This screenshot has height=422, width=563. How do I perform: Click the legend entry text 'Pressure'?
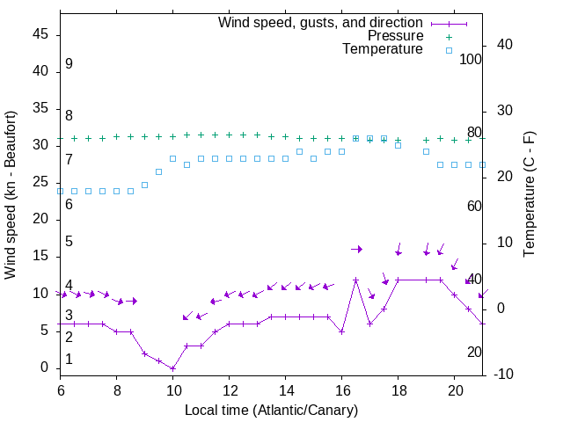[x=395, y=36]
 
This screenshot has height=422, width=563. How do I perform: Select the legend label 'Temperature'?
[x=383, y=49]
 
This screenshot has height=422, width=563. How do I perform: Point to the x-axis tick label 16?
[x=341, y=389]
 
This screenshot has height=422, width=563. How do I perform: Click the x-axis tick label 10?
[x=172, y=389]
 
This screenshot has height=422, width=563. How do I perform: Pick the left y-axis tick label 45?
[x=40, y=34]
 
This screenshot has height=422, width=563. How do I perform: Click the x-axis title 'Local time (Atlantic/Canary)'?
[x=271, y=410]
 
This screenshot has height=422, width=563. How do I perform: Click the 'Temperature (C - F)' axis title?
[x=529, y=195]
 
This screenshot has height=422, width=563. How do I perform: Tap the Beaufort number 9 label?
[x=69, y=64]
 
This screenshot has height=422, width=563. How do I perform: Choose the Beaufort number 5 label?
[x=69, y=242]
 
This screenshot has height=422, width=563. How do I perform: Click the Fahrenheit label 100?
[x=472, y=60]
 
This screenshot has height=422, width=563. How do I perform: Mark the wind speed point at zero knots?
[x=172, y=368]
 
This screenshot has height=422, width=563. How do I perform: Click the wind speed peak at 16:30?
[x=355, y=280]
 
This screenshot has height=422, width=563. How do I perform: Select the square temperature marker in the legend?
[x=449, y=50]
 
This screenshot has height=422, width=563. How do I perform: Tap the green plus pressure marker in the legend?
[x=449, y=36]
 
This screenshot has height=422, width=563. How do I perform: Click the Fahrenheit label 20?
[x=475, y=352]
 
